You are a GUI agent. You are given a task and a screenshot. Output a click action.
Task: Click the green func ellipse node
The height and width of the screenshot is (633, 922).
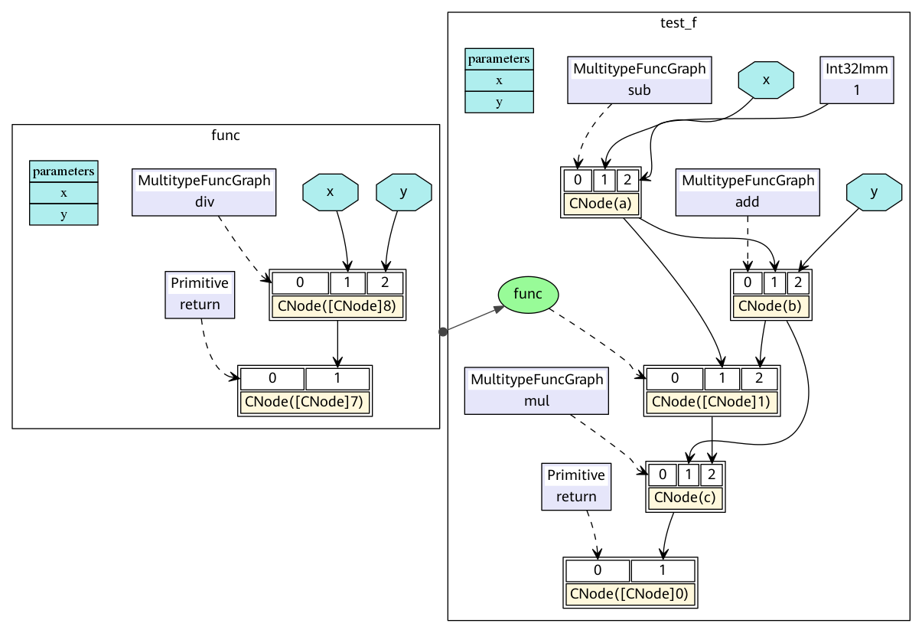[528, 295]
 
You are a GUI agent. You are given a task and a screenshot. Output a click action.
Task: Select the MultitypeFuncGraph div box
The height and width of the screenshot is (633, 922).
[204, 191]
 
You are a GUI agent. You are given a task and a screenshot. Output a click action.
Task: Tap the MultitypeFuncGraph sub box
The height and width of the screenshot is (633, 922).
[640, 79]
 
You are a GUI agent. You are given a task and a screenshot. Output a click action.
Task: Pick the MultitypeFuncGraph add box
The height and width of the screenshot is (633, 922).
[748, 191]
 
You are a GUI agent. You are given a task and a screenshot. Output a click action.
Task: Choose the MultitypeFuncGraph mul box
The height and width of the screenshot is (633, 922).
[536, 390]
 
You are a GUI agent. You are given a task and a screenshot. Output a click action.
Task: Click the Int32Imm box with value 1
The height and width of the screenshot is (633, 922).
[856, 79]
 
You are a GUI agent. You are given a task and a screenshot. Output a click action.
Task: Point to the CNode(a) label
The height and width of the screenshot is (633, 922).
[600, 204]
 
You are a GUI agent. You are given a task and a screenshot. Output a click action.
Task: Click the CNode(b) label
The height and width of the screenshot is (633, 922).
[771, 307]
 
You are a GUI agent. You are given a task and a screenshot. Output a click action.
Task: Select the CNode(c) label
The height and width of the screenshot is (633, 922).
[685, 498]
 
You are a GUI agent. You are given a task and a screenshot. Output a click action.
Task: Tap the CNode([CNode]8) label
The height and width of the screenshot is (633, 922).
[337, 307]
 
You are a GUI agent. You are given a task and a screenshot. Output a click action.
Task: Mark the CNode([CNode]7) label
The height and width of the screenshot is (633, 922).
[305, 402]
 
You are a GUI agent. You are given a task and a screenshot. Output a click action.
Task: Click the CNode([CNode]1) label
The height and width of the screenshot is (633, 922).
[712, 402]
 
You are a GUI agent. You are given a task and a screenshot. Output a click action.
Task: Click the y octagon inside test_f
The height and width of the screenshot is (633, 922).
[874, 192]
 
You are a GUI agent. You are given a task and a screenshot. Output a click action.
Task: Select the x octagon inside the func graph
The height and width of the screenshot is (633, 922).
[330, 192]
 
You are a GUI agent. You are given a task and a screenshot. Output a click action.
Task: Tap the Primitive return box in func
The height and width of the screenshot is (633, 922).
[200, 294]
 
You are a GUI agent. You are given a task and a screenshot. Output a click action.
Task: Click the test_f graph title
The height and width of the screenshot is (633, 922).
[678, 22]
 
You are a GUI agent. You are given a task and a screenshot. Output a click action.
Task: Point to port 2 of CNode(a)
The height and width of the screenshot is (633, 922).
[627, 180]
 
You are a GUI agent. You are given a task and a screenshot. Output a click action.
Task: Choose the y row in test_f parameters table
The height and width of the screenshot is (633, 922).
[499, 101]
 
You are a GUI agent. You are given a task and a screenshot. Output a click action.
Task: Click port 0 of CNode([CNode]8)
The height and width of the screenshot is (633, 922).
[300, 282]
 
